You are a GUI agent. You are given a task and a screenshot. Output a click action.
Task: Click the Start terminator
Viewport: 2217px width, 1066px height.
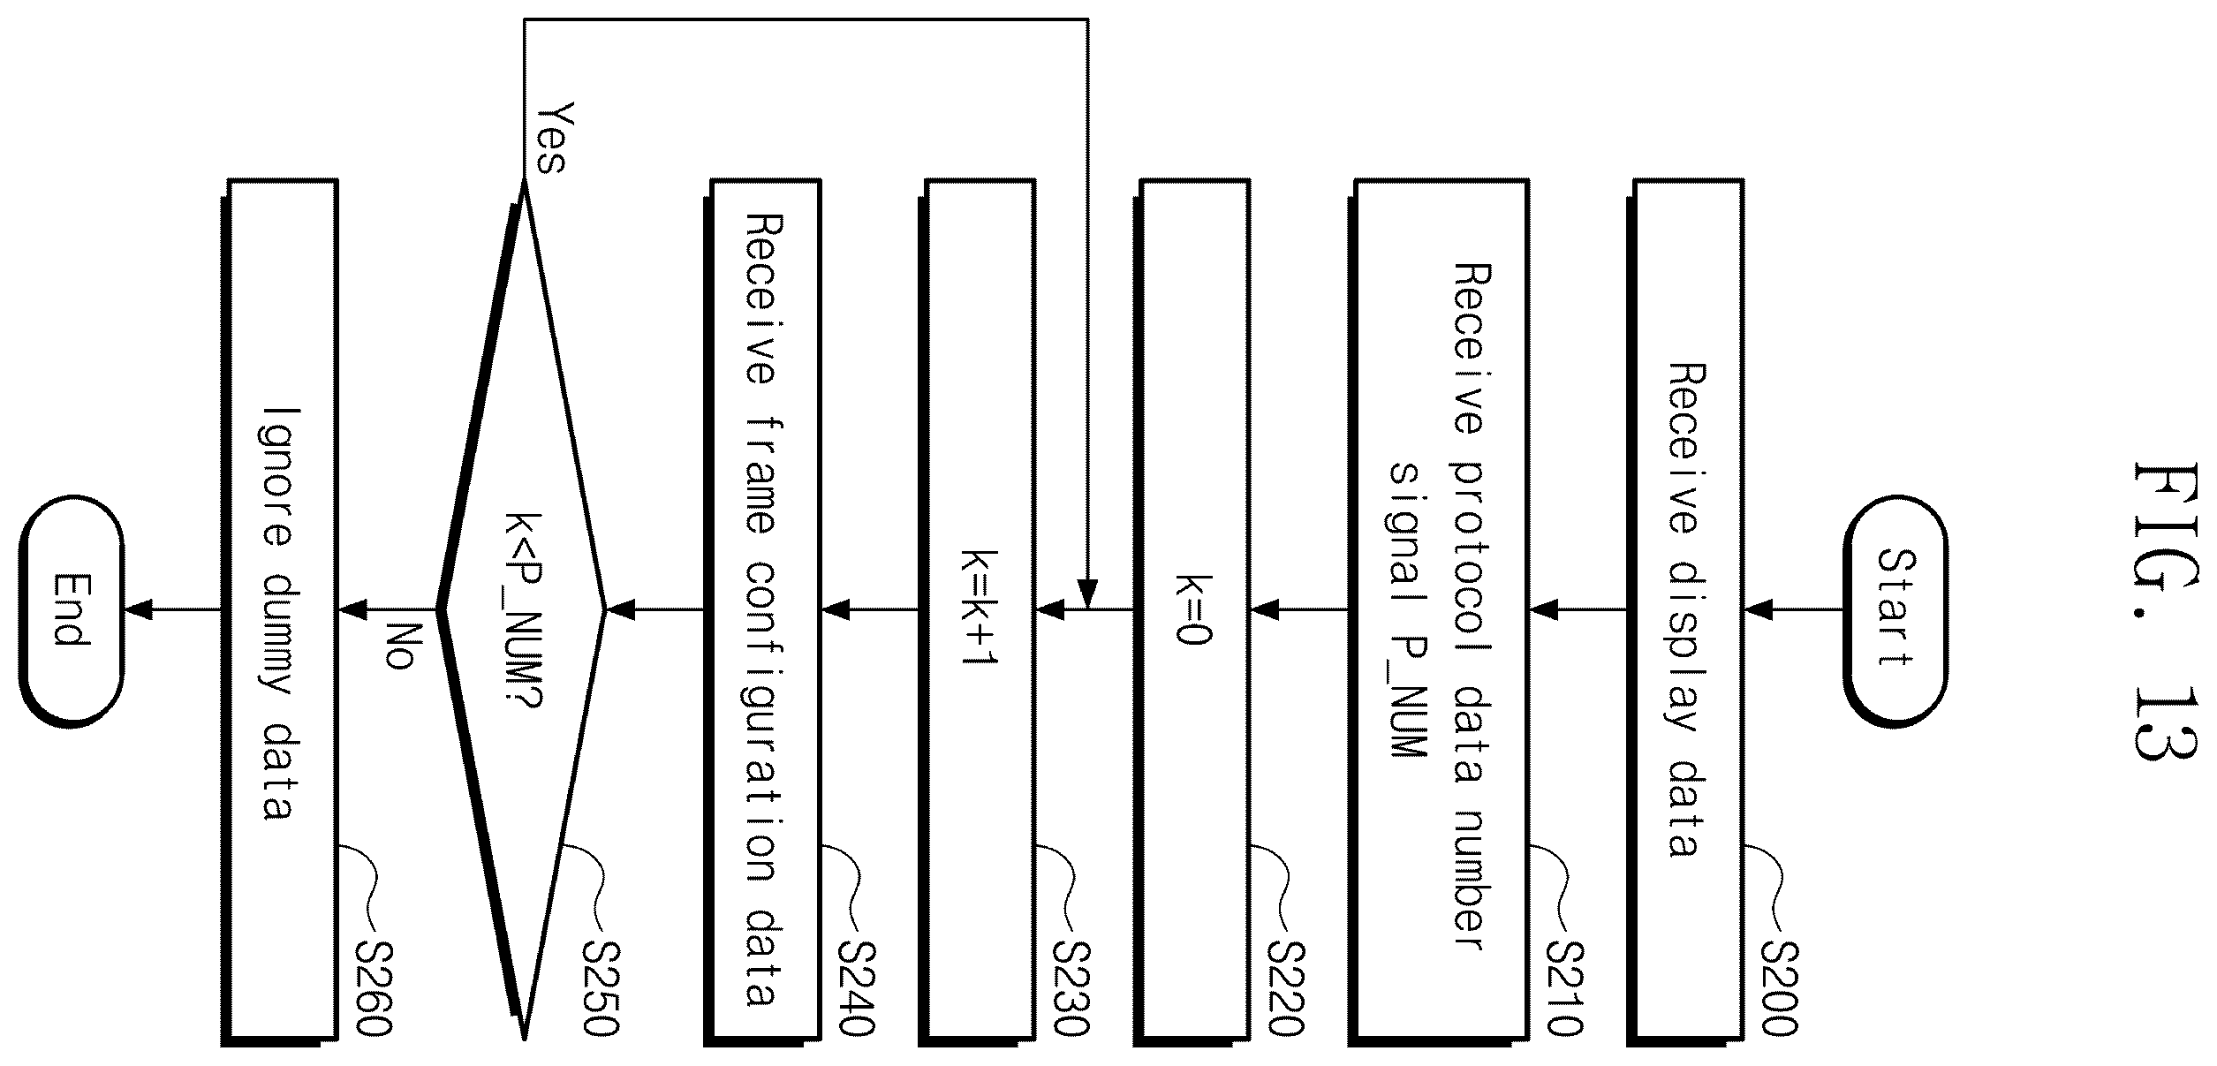pyautogui.click(x=1895, y=609)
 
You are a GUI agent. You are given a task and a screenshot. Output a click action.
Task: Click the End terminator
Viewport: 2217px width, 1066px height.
pyautogui.click(x=72, y=609)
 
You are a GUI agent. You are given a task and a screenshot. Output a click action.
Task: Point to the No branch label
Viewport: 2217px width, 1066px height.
pyautogui.click(x=400, y=646)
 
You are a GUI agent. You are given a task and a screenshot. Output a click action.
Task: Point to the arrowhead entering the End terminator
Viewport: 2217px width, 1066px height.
pyautogui.click(x=137, y=609)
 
